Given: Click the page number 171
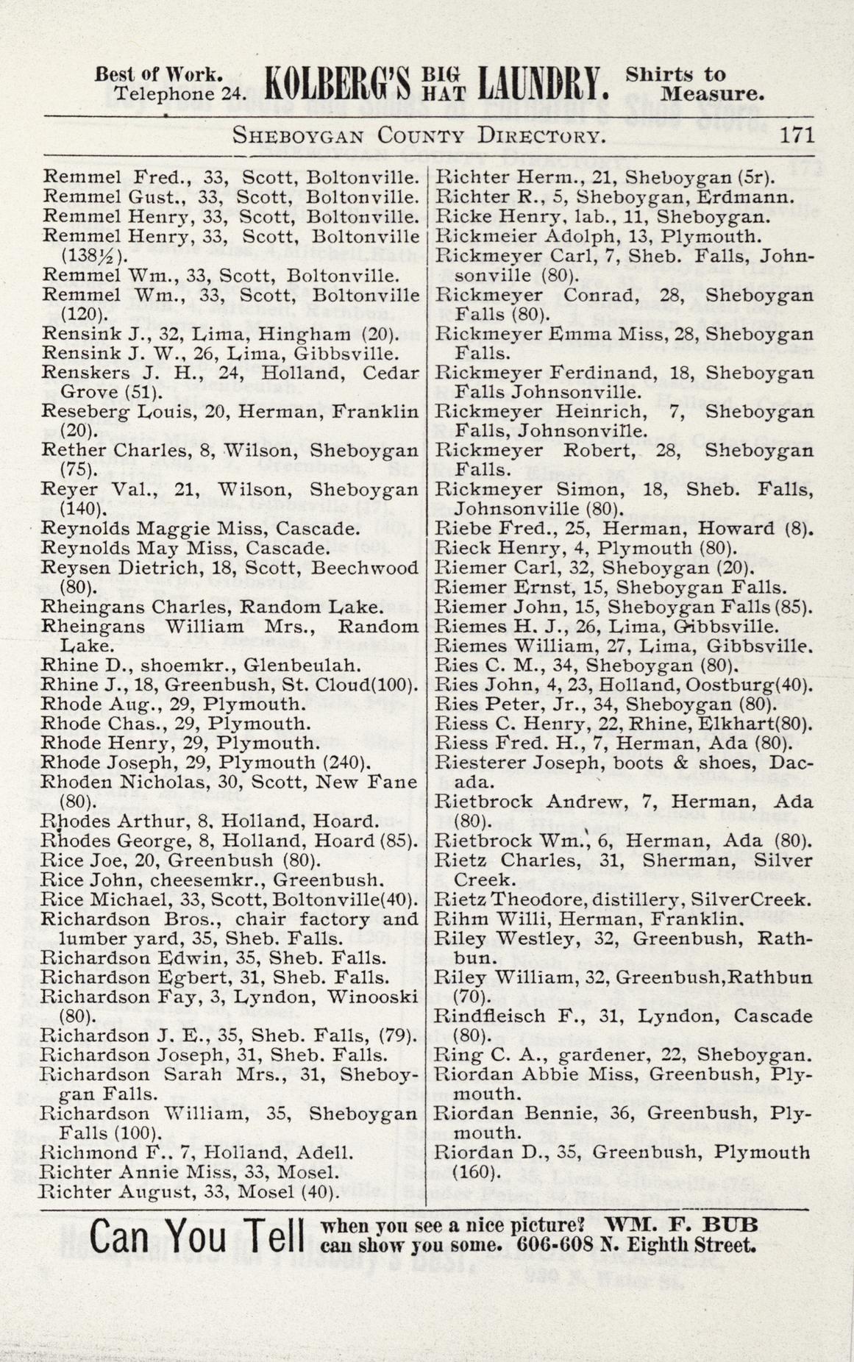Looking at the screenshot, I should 797,135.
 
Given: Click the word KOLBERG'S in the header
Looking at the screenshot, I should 336,84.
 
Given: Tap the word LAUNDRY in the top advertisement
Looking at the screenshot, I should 543,84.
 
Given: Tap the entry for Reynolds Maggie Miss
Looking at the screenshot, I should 200,529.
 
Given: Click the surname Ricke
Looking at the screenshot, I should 458,217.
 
